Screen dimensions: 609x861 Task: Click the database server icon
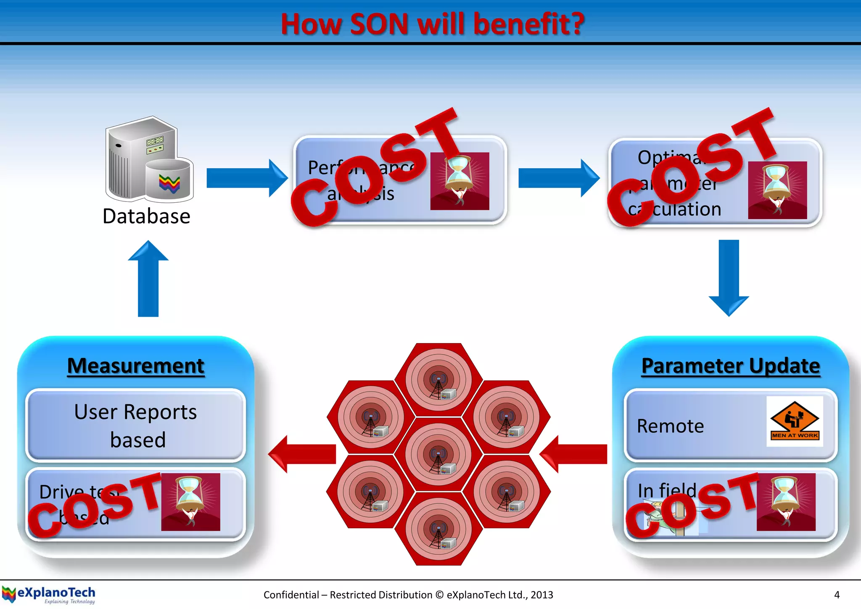149,160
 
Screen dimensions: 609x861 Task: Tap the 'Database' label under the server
146,217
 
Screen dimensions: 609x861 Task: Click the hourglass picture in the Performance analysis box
460,181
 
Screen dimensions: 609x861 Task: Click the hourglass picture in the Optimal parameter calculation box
777,190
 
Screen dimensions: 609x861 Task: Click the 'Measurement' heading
136,365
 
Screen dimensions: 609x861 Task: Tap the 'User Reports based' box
136,425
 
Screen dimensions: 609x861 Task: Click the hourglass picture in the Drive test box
190,502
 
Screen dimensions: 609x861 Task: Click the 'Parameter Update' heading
731,365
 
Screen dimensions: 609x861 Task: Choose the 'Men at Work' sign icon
794,421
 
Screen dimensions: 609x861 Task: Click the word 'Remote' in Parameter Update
670,426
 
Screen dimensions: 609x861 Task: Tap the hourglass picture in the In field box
786,502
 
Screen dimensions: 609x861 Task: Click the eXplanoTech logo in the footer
49,595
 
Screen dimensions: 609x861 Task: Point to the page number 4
837,595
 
